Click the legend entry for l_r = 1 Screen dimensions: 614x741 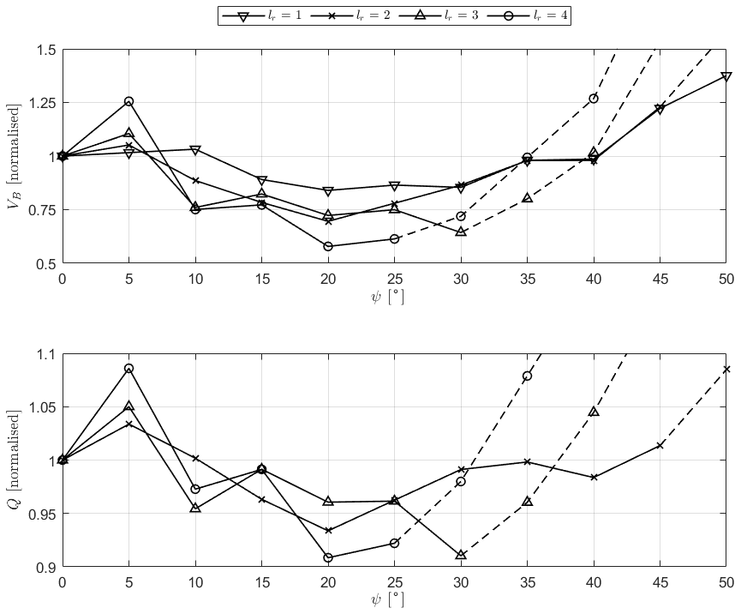(x=261, y=15)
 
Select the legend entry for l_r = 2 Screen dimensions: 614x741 (x=349, y=15)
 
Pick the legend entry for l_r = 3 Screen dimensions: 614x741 (x=437, y=15)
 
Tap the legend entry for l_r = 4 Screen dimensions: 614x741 (x=524, y=15)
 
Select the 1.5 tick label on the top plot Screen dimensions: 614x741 (x=45, y=50)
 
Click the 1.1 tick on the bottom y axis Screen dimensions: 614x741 (x=45, y=354)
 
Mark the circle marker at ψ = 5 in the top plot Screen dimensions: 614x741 (x=128, y=101)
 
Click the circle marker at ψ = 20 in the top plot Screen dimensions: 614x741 (x=328, y=246)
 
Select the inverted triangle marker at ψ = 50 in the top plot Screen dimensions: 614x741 (x=726, y=77)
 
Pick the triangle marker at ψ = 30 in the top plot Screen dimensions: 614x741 (x=461, y=232)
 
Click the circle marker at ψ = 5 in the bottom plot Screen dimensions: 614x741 (x=128, y=369)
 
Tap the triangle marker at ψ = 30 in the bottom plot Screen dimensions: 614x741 (x=461, y=555)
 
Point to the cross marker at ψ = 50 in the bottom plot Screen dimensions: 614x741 (x=726, y=370)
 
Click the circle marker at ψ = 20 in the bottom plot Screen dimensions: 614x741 (x=328, y=557)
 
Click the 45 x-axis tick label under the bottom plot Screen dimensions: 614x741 (x=660, y=583)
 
